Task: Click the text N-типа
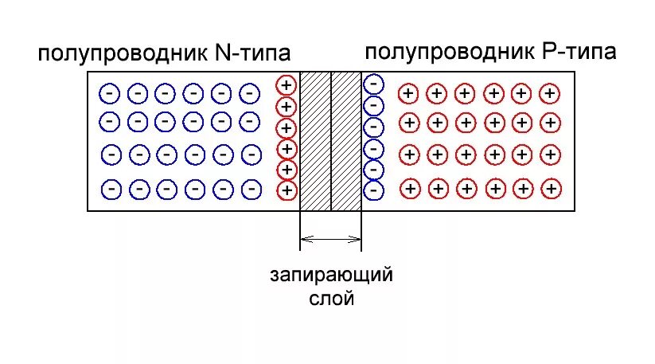pos(252,54)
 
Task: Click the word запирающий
pos(330,277)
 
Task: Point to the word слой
pos(330,299)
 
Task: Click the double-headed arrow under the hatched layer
pos(330,237)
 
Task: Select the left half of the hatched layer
pos(315,142)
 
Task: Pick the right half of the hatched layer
pos(346,142)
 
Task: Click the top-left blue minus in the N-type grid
pos(109,93)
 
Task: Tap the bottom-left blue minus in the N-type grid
pos(111,189)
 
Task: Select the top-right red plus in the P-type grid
pos(548,93)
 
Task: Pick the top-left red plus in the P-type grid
pos(408,93)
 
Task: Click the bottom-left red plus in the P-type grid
pos(410,189)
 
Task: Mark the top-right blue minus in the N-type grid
pos(249,93)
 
